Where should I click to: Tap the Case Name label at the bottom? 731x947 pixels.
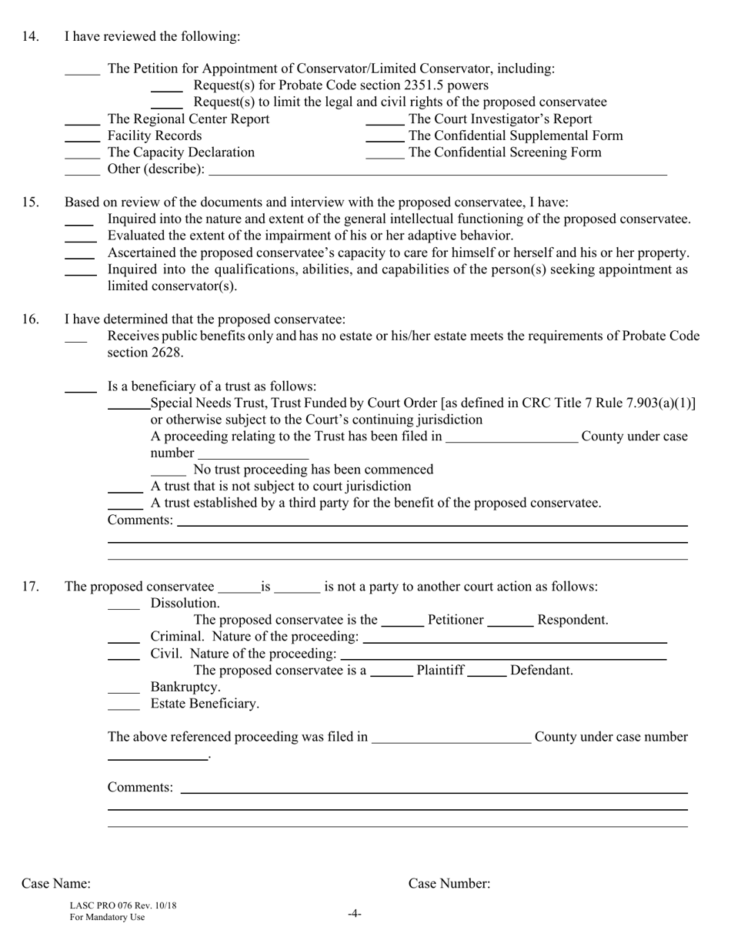point(55,883)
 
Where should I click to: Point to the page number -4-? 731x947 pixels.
point(354,914)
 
